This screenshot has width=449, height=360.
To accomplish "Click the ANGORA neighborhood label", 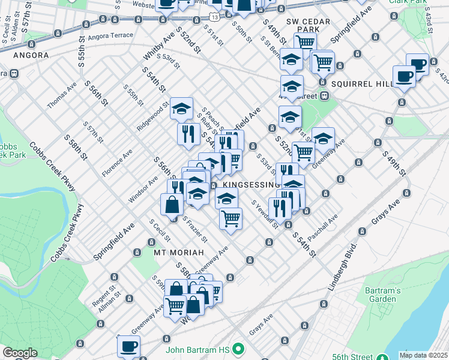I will pos(29,55).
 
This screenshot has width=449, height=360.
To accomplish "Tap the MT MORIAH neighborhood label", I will pos(179,252).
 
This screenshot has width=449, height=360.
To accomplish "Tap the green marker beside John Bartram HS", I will pos(239,348).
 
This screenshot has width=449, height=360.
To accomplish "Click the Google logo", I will pos(20,353).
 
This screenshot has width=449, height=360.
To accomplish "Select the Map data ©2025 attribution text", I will pos(423,355).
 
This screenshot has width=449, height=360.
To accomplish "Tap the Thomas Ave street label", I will pos(62,95).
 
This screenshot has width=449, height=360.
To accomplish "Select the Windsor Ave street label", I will pos(142,190).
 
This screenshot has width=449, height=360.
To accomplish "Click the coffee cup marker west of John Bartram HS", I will pos(128,346).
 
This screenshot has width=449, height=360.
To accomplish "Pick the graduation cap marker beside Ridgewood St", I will pos(181,109).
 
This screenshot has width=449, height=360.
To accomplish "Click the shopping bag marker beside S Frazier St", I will pos(172,204).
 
